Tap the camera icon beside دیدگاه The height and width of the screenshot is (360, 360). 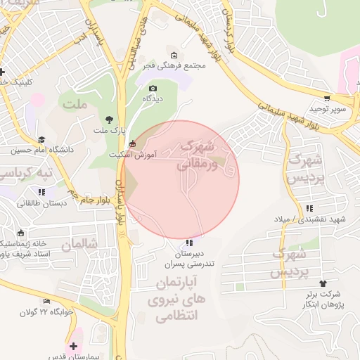pos(153,88)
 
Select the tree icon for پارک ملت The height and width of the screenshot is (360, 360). pos(108,119)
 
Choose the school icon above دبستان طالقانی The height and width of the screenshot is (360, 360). pos(42,191)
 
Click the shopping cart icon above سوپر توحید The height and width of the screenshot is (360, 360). pos(327,98)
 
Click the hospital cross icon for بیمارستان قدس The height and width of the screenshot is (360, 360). pos(74,346)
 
